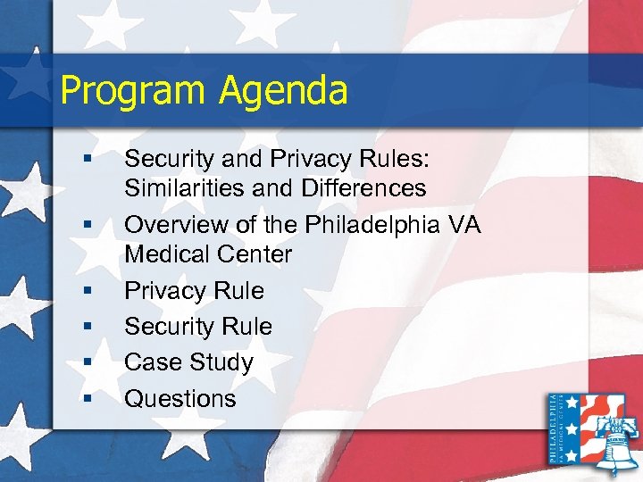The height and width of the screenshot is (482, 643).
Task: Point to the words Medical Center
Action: coord(208,254)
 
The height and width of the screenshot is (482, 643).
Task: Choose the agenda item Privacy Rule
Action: coord(194,291)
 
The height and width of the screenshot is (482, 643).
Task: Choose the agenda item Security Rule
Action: coord(198,327)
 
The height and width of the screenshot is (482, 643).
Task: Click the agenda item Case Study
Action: coord(188,362)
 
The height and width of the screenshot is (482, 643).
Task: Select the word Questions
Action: coord(180,398)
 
